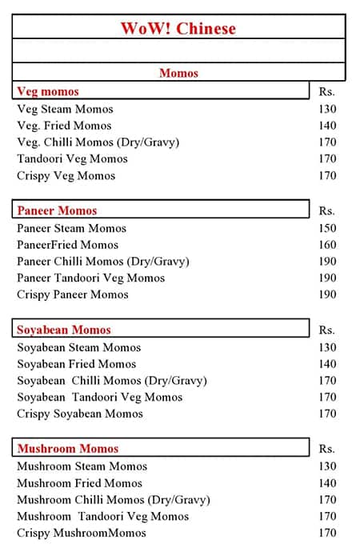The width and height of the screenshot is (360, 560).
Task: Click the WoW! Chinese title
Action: pyautogui.click(x=178, y=29)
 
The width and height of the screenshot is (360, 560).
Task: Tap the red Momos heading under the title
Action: pyautogui.click(x=178, y=73)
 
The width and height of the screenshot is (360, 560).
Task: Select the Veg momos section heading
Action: pyautogui.click(x=48, y=91)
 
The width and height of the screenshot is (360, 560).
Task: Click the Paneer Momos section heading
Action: pyautogui.click(x=57, y=210)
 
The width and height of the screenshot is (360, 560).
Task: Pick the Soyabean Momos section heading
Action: pyautogui.click(x=64, y=330)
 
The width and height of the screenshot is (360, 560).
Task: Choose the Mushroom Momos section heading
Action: pyautogui.click(x=68, y=449)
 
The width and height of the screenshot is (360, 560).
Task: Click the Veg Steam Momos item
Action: pyautogui.click(x=65, y=109)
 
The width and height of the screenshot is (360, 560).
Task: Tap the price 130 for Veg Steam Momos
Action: pyautogui.click(x=327, y=109)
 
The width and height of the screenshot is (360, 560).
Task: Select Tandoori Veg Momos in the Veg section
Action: pyautogui.click(x=72, y=158)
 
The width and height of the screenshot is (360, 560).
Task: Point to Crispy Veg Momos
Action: pyautogui.click(x=66, y=175)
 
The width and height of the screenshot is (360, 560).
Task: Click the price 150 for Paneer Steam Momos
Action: pyautogui.click(x=327, y=228)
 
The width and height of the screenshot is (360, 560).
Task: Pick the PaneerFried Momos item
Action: pyautogui.click(x=67, y=245)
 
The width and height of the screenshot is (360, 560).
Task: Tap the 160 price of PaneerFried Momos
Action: pyautogui.click(x=327, y=245)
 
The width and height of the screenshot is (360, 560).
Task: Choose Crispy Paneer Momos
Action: pyautogui.click(x=73, y=294)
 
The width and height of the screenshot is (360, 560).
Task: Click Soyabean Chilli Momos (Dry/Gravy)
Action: pyautogui.click(x=112, y=381)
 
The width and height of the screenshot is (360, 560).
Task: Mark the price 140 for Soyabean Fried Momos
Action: pyautogui.click(x=327, y=364)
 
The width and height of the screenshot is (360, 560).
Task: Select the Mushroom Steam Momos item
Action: pyautogui.click(x=82, y=466)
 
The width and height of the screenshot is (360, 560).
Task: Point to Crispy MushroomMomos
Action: pyautogui.click(x=82, y=533)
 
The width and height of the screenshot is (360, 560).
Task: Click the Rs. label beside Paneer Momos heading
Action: pyautogui.click(x=326, y=211)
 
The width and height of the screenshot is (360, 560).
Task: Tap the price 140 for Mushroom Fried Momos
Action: pyautogui.click(x=327, y=483)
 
